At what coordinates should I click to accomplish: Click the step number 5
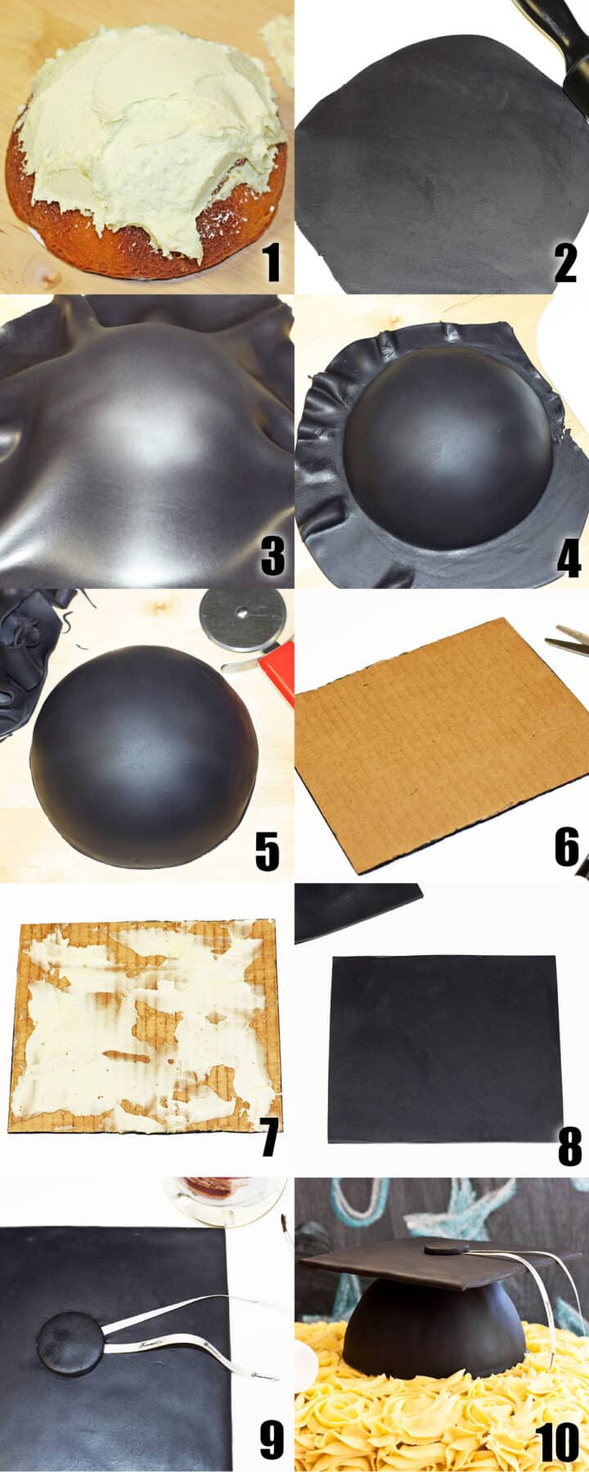point(268,851)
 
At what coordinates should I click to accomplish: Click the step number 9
point(272,1440)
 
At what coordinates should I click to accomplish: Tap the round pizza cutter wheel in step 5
point(241,619)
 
